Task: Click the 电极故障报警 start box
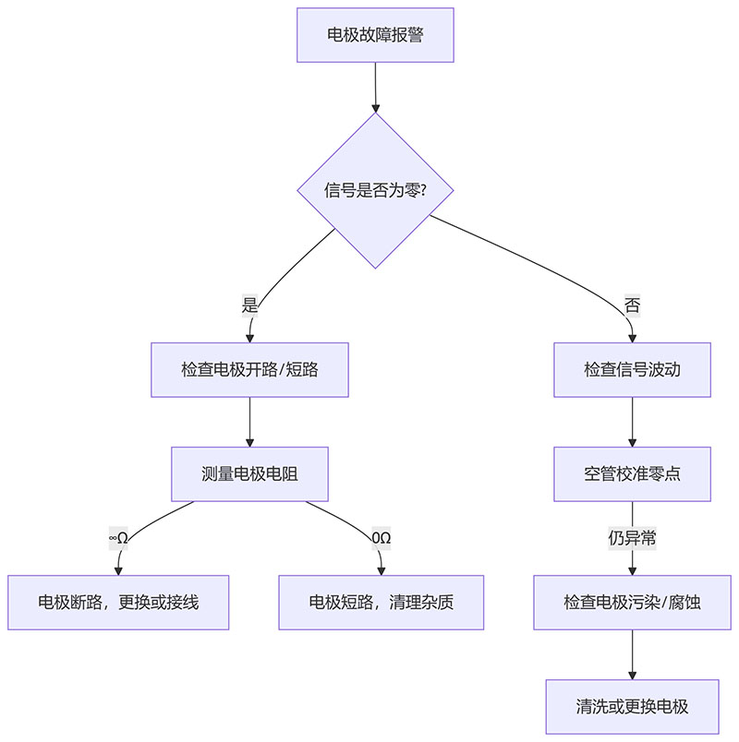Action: [375, 35]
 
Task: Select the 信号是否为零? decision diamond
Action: [375, 190]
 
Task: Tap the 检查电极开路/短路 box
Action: [250, 370]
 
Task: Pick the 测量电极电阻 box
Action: [250, 474]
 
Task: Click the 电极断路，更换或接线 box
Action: [118, 603]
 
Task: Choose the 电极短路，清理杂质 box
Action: [382, 603]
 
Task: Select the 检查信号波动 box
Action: [632, 370]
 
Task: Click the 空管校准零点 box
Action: [632, 474]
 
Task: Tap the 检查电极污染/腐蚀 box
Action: [632, 603]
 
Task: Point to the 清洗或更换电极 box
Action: [632, 707]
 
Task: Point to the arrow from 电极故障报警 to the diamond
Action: [375, 87]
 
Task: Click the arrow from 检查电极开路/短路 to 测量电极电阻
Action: [250, 423]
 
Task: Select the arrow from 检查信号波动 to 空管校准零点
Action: [632, 423]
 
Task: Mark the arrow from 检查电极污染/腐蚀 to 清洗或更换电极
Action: [632, 655]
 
